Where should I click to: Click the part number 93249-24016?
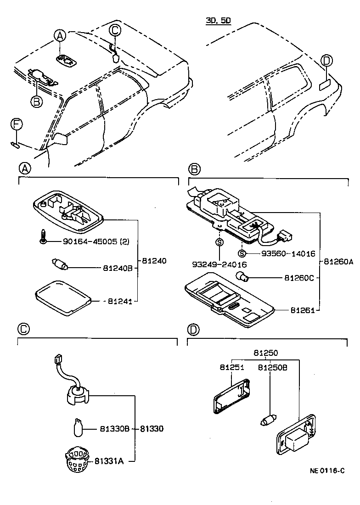219,264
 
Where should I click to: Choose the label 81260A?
338,262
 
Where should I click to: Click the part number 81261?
302,310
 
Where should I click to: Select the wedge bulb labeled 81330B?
79,427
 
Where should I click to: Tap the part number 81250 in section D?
265,353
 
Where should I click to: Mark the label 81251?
231,368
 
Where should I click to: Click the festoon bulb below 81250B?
270,419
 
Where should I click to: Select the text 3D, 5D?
218,21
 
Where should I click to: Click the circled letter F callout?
16,123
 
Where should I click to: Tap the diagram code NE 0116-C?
326,471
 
